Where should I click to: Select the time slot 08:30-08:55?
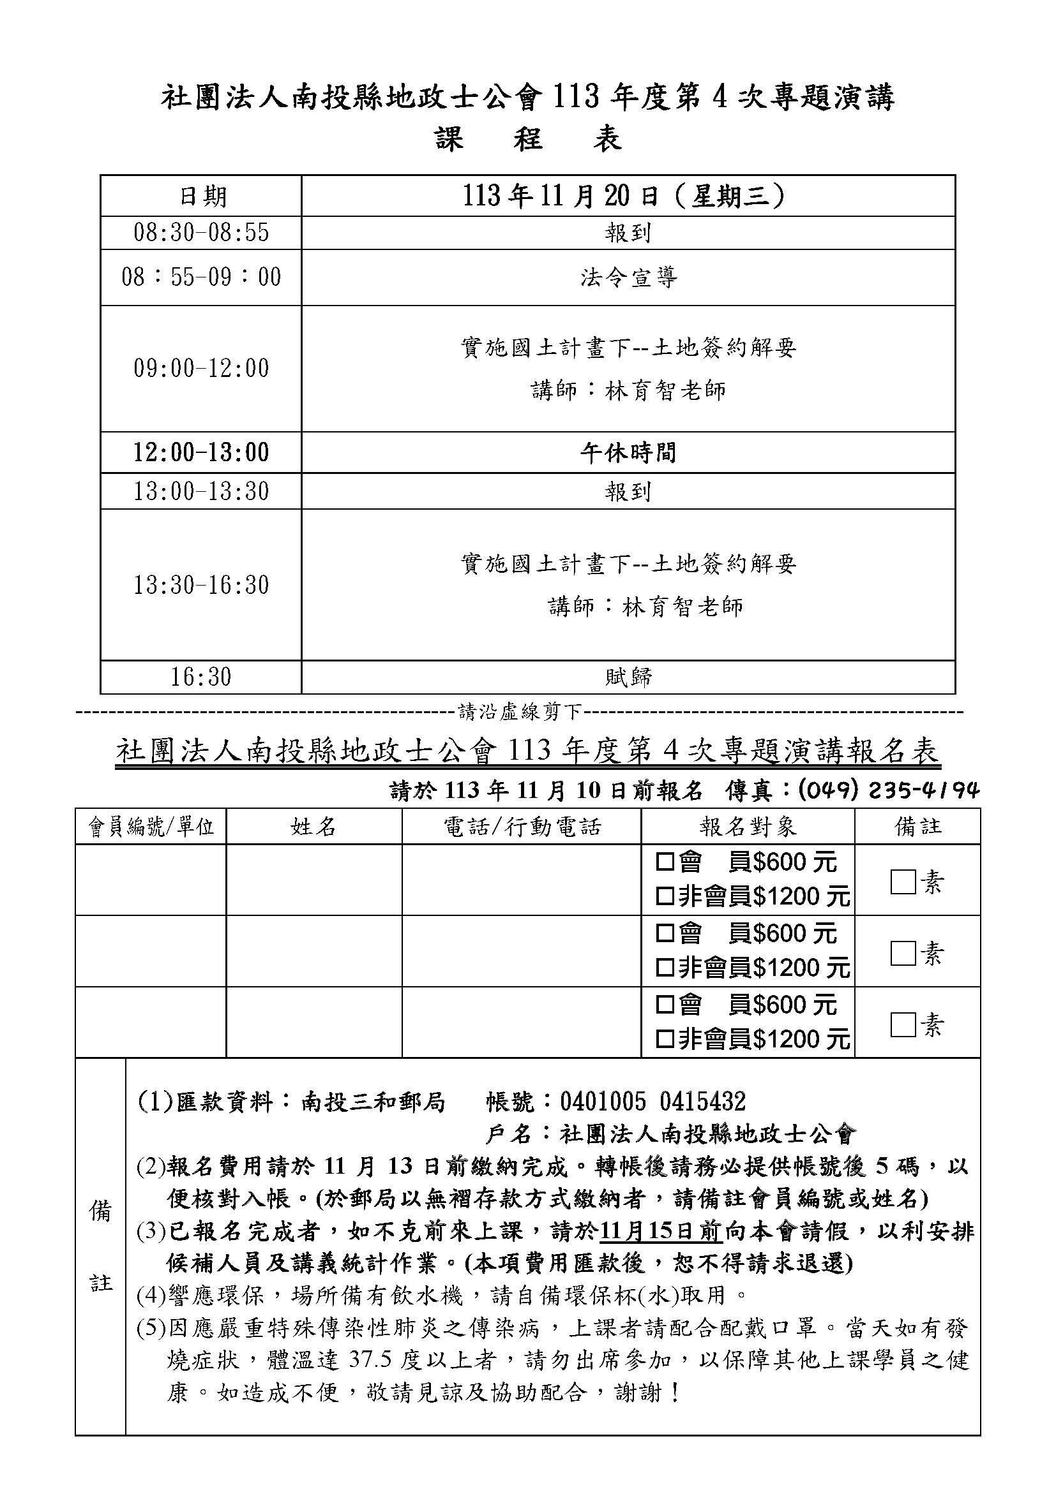[x=201, y=233]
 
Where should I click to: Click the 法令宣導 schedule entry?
[x=628, y=277]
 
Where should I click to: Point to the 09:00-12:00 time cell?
[x=201, y=369]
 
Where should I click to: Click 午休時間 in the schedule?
[x=628, y=452]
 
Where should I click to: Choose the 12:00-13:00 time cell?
[x=201, y=452]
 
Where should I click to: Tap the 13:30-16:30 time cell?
[x=201, y=585]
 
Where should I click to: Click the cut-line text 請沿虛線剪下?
[x=520, y=713]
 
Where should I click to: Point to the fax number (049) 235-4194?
[x=887, y=790]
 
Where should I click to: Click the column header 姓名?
[x=313, y=827]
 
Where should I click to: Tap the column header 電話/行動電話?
[x=522, y=827]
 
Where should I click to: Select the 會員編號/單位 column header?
[x=151, y=827]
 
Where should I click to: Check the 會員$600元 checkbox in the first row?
[x=665, y=862]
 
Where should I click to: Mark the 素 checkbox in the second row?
[x=903, y=953]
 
